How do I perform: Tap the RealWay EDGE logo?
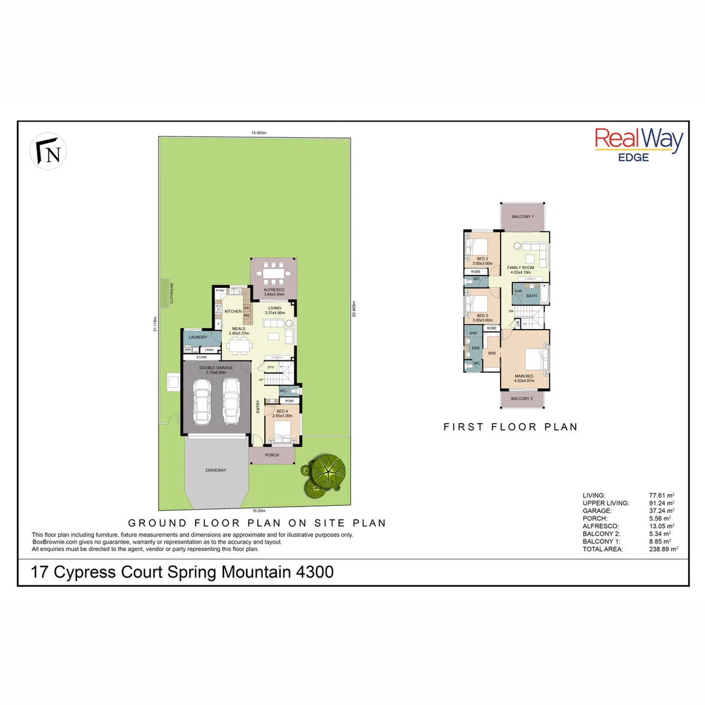click(638, 144)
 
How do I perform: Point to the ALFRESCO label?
click(273, 289)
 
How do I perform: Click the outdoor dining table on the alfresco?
click(274, 269)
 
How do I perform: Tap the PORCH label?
click(272, 455)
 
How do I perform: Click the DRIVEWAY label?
click(216, 470)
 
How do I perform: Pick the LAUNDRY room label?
click(198, 337)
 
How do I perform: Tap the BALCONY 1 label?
click(523, 216)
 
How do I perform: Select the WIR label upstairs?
click(492, 353)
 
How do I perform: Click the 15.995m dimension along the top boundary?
click(259, 133)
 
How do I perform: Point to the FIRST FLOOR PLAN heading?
click(510, 427)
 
